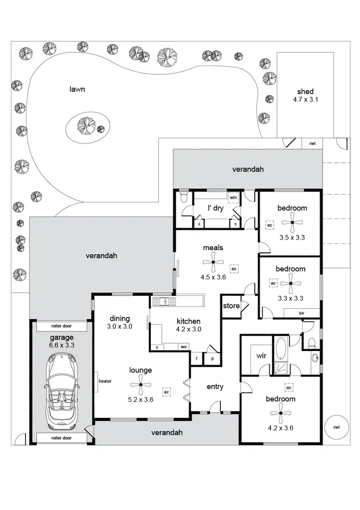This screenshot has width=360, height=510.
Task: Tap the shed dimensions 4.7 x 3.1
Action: coord(305,100)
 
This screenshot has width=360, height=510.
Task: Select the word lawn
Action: coord(77,89)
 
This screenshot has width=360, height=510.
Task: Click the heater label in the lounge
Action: coord(105,381)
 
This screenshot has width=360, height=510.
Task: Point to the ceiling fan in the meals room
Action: coord(213,262)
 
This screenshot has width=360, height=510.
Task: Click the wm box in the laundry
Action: coord(233,198)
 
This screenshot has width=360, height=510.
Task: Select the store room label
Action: coord(231,306)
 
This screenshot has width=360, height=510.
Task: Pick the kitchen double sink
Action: coord(164,302)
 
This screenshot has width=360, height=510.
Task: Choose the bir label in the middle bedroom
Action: coord(301,313)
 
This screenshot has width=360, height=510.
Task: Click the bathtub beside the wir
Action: coord(280,350)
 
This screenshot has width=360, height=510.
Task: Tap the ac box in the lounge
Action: coord(167,392)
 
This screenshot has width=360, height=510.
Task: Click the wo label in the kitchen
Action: coord(183,347)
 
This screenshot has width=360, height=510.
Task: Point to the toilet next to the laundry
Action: coord(183,198)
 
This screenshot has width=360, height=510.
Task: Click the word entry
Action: coord(215,387)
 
